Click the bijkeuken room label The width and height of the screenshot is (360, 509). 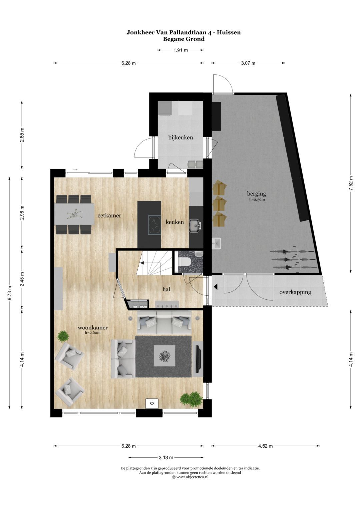(180, 137)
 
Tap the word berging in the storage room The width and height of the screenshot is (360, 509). (256, 193)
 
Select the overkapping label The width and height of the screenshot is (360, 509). (295, 292)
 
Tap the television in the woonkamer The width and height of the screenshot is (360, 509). (198, 359)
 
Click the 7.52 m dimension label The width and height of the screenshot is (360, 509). (351, 183)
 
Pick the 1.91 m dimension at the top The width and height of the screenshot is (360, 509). (180, 50)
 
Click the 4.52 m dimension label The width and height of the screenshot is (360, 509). (266, 446)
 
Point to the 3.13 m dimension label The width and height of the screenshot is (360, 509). (166, 457)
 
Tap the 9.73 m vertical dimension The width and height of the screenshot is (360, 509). (9, 293)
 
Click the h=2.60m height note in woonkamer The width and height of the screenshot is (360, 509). (93, 333)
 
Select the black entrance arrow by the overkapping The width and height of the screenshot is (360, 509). (216, 286)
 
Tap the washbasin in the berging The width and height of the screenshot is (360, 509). (217, 243)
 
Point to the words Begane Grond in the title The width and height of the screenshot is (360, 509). (184, 39)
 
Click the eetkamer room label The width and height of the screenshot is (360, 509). (109, 215)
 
